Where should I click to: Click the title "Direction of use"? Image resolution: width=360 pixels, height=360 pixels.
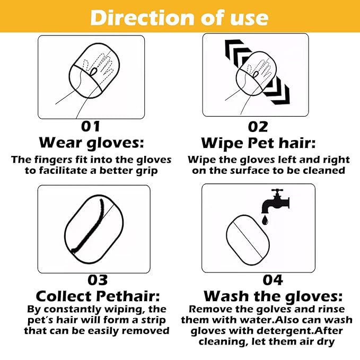pyautogui.click(x=180, y=17)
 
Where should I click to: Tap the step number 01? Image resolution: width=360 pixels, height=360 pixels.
pyautogui.click(x=91, y=127)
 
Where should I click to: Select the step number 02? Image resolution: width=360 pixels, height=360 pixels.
pyautogui.click(x=258, y=127)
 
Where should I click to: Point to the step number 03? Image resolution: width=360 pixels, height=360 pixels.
pyautogui.click(x=98, y=280)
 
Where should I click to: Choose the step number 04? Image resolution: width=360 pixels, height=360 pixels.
pyautogui.click(x=273, y=280)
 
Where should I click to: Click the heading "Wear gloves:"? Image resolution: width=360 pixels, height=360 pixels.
pyautogui.click(x=91, y=143)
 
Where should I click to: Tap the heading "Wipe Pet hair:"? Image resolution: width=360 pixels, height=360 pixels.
pyautogui.click(x=258, y=143)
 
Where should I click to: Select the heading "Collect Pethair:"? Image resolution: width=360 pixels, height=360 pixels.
pyautogui.click(x=98, y=296)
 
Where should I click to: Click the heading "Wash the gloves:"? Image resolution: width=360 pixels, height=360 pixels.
pyautogui.click(x=273, y=296)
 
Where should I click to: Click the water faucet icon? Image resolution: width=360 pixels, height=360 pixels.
pyautogui.click(x=275, y=201)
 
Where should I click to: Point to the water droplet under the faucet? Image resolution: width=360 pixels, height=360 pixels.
pyautogui.click(x=265, y=220)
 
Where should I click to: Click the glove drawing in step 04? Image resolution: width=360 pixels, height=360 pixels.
pyautogui.click(x=248, y=240)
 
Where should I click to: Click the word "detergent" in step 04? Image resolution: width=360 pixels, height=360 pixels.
pyautogui.click(x=285, y=331)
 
